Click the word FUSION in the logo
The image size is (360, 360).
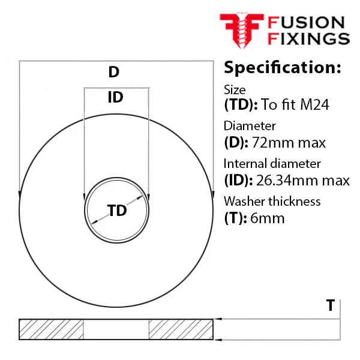point(306,23)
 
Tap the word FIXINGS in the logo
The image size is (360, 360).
point(309,38)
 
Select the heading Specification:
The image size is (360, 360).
point(283,68)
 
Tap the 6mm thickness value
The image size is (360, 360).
point(268,218)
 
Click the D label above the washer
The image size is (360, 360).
point(114,72)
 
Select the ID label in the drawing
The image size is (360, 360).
point(115,97)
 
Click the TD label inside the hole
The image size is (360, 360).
point(117,211)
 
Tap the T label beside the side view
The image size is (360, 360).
point(331,305)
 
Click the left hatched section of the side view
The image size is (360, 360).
point(51,329)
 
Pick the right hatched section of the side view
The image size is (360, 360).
point(181,329)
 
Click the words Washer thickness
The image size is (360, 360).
point(272,202)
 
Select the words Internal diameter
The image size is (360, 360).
point(272,164)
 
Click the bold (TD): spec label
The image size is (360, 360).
point(241,104)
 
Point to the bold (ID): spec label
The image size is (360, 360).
point(239,180)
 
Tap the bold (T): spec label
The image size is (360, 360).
point(236,218)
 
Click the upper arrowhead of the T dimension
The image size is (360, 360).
point(218,319)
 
